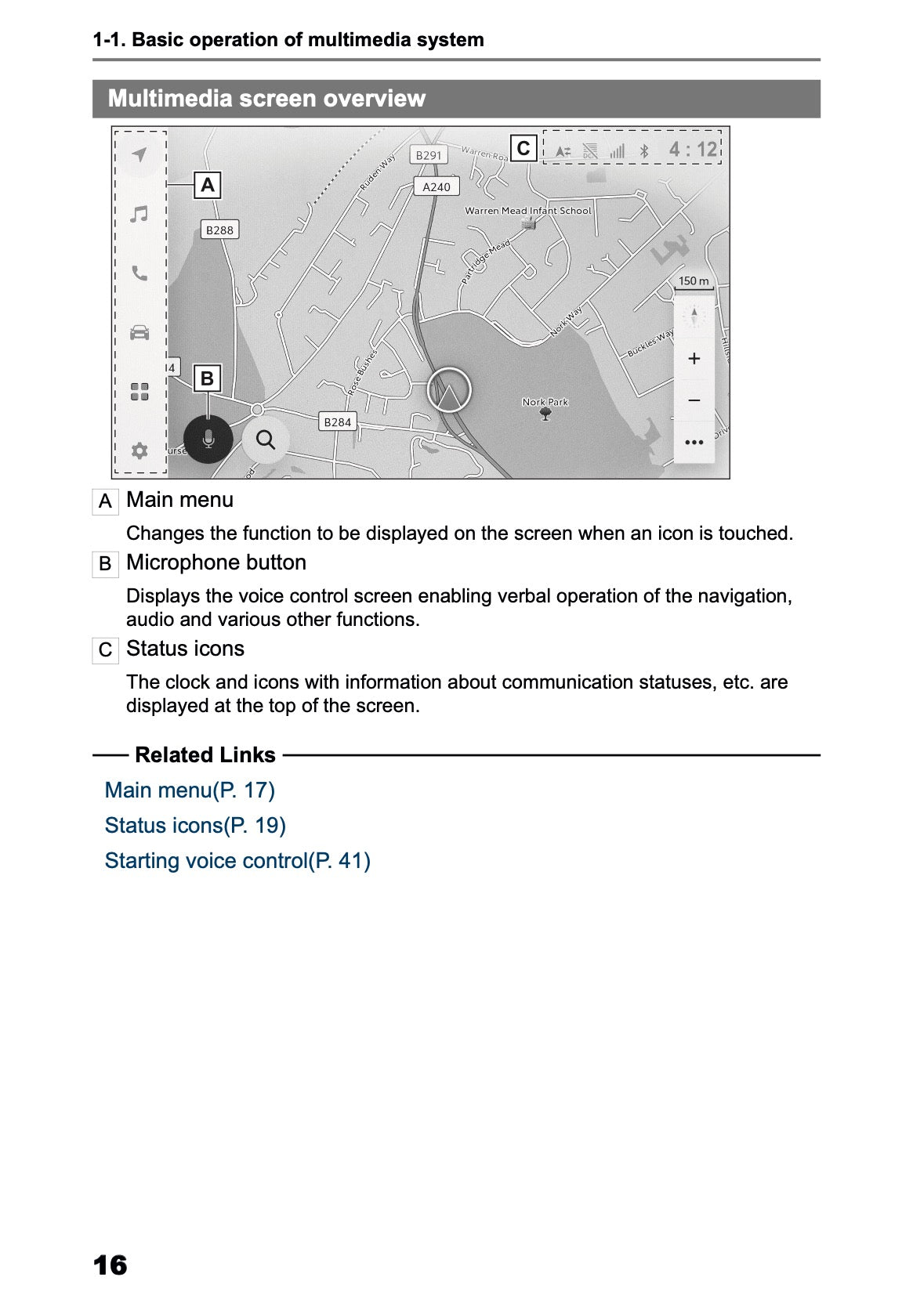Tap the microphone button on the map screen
(208, 440)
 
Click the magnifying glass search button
(266, 440)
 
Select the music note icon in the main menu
(139, 214)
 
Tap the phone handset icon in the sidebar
(139, 273)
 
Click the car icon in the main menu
(139, 332)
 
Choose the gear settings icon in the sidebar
(139, 450)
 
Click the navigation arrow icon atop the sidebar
(139, 154)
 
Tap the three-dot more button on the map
(694, 443)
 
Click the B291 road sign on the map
(429, 155)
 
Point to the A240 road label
(437, 186)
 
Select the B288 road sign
(219, 230)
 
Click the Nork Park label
(545, 402)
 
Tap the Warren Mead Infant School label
(527, 211)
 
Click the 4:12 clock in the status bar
(693, 149)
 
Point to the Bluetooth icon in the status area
(644, 150)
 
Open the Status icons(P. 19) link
(195, 825)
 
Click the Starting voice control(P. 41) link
(237, 860)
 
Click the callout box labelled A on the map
(208, 185)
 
